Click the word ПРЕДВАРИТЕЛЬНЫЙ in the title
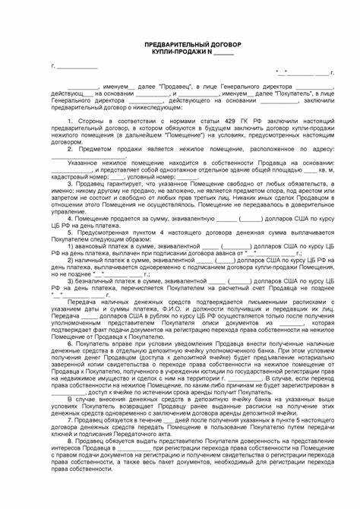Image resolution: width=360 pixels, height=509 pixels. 163,45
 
